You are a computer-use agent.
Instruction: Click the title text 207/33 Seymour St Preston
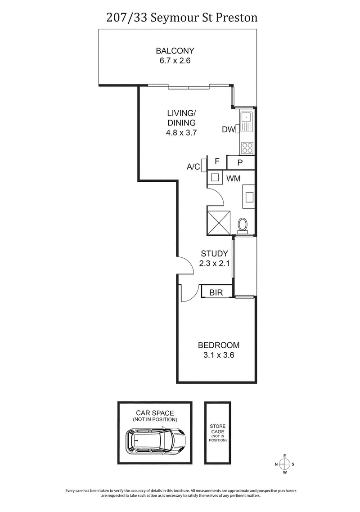[180, 18]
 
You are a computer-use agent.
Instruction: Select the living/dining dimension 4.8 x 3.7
[181, 133]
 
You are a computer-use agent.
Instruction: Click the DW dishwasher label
[228, 130]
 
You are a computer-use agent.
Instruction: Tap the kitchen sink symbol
[247, 118]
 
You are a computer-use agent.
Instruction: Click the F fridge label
[217, 162]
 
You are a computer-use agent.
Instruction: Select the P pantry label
[240, 162]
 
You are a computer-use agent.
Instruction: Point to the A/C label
[193, 166]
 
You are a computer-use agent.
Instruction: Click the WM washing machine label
[233, 179]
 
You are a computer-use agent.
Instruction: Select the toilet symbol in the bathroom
[242, 224]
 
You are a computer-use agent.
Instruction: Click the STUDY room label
[214, 254]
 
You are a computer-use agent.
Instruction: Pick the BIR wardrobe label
[216, 292]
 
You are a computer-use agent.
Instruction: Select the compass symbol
[285, 464]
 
